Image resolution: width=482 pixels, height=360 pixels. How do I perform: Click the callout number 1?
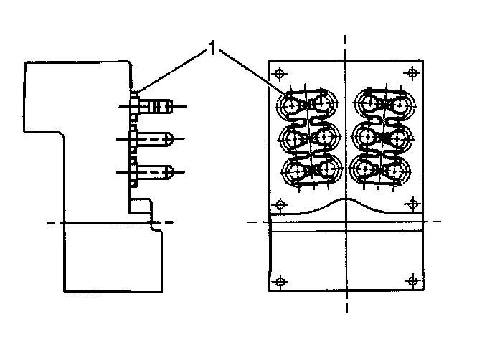[x=212, y=49]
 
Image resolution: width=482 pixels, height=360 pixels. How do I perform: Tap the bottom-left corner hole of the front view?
[x=280, y=279]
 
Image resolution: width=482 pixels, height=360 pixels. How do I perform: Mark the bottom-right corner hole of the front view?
[x=412, y=279]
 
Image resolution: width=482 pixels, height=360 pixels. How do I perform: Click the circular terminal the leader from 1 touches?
[x=293, y=106]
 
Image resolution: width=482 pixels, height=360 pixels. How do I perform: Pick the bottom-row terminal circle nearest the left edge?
[x=293, y=171]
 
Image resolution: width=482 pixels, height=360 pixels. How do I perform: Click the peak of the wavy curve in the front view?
[x=346, y=199]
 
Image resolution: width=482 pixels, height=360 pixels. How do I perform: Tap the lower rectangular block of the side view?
[x=111, y=258]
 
